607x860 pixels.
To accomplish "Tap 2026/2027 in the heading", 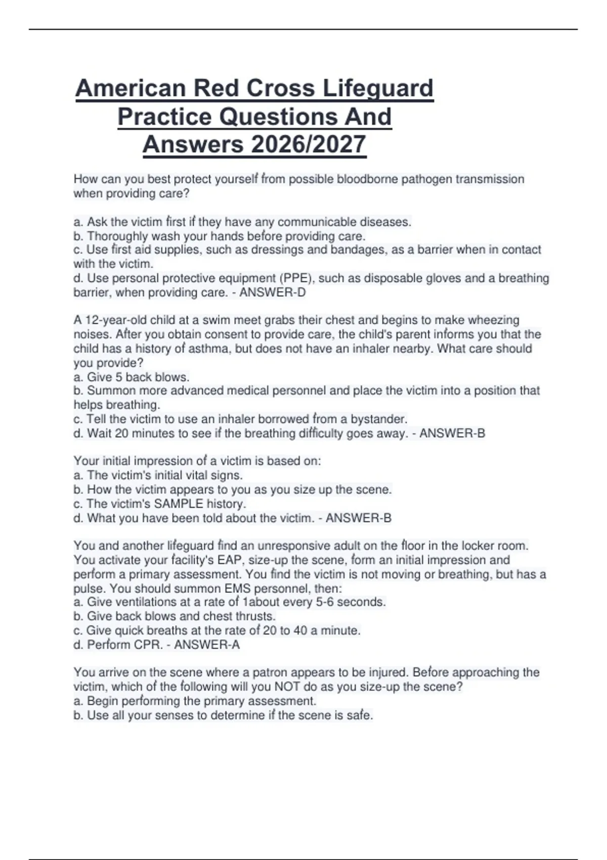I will (x=308, y=145).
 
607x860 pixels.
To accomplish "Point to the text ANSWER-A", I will (x=207, y=644).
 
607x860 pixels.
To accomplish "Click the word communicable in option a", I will (x=317, y=222).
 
